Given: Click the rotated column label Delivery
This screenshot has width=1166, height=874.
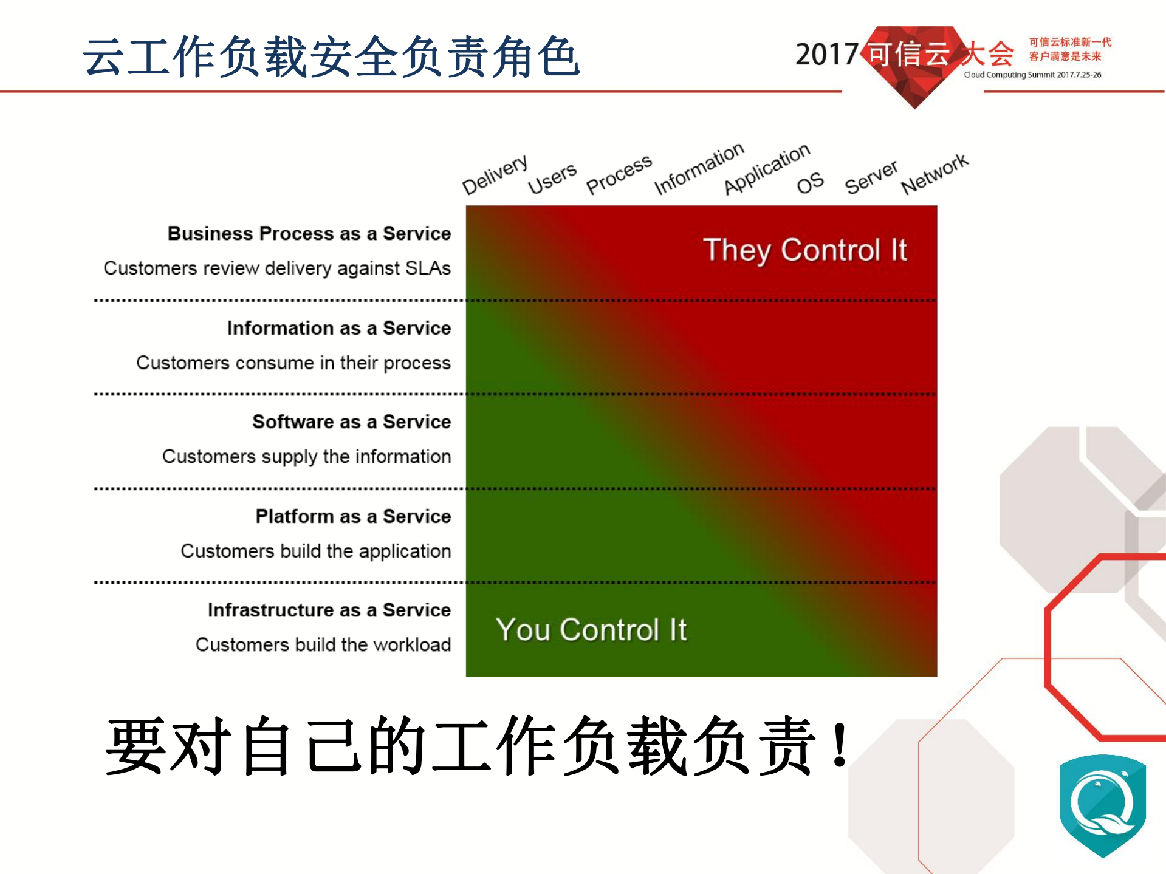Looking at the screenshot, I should (495, 174).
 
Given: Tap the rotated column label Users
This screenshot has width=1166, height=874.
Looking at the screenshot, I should (552, 179).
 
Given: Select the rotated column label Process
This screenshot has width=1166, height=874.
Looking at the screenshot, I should (619, 174).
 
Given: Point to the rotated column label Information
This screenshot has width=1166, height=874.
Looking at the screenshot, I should (699, 168).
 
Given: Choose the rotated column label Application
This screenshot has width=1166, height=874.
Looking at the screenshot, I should (767, 168).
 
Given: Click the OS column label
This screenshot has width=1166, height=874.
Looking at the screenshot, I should (810, 183).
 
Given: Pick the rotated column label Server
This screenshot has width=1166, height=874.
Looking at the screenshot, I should (871, 177).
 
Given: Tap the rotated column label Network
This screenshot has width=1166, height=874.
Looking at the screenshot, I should (935, 174).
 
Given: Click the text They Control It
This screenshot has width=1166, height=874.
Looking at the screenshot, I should (804, 250).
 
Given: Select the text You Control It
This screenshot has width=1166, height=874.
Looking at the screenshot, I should (591, 630).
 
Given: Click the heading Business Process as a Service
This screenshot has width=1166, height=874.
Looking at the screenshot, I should (309, 234).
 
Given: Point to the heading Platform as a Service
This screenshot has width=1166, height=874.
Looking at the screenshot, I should (353, 516).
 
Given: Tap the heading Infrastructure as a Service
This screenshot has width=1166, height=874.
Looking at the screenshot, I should (329, 610).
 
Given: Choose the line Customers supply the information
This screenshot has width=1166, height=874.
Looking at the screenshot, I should (307, 456).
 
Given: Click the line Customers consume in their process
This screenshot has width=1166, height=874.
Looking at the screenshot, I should (293, 363).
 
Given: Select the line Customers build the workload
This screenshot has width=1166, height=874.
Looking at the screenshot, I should (323, 644).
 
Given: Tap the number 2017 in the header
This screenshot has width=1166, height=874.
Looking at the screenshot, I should (826, 55).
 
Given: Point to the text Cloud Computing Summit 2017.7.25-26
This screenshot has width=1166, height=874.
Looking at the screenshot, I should (1032, 75).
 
